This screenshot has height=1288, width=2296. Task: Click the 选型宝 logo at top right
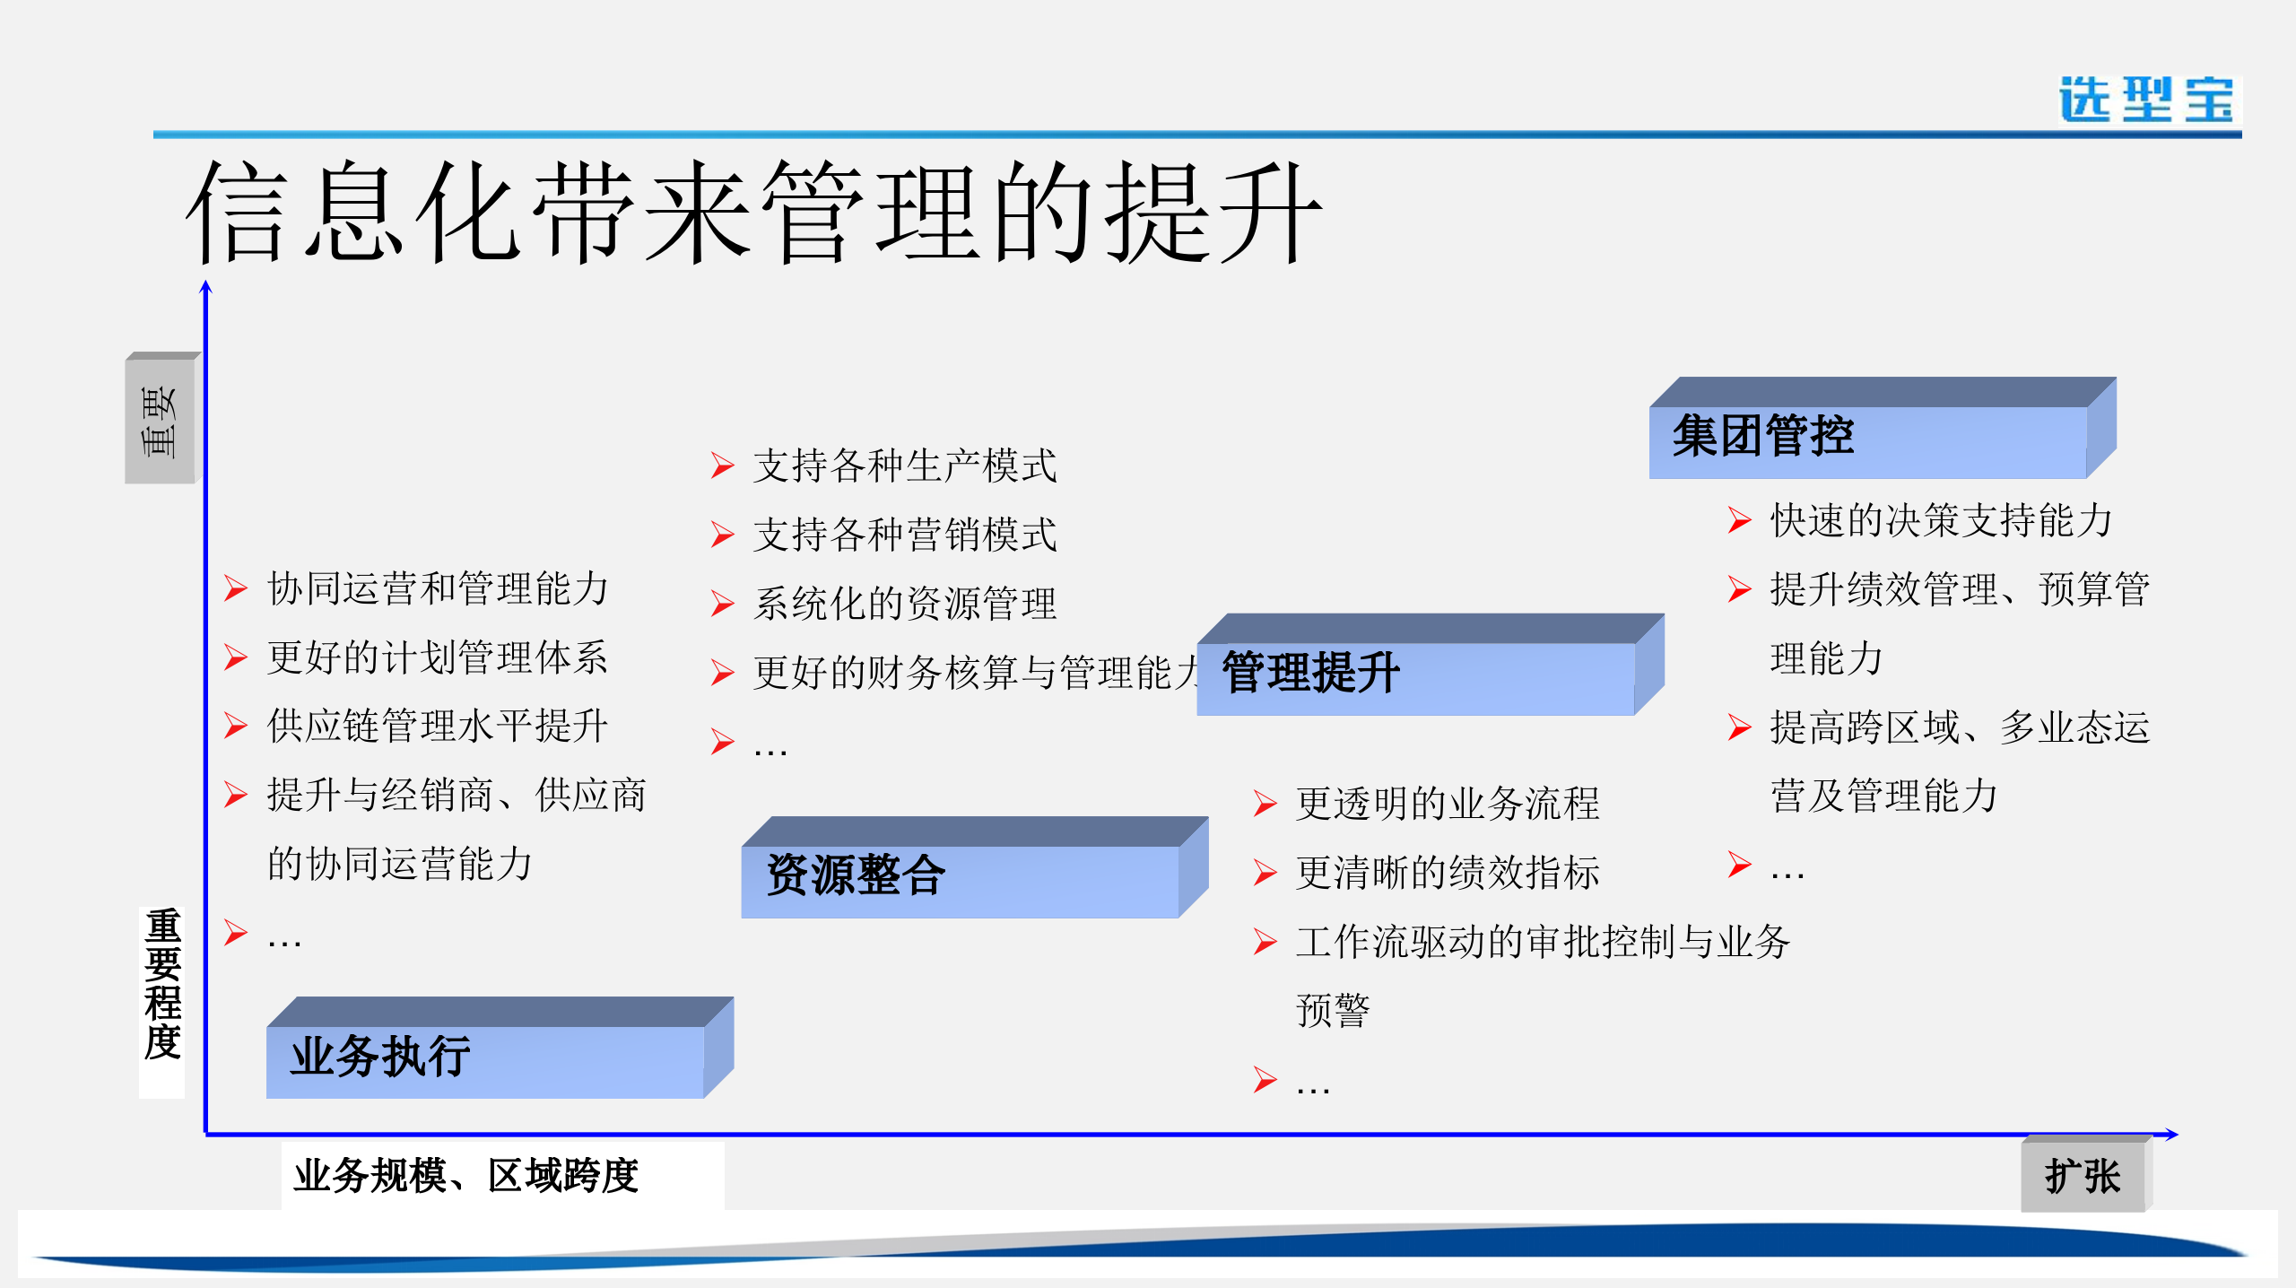(x=2147, y=99)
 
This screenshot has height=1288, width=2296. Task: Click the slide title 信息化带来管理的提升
(x=753, y=213)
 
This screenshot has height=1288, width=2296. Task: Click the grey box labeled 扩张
(x=2082, y=1176)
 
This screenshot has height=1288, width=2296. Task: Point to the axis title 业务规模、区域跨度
(x=466, y=1176)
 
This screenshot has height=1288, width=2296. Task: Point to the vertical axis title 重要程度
(x=162, y=984)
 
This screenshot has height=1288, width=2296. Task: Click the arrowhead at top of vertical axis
(x=205, y=286)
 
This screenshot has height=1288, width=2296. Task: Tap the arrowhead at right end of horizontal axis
(x=2171, y=1135)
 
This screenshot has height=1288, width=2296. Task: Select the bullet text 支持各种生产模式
(x=904, y=466)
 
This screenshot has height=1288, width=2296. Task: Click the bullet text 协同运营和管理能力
(x=438, y=589)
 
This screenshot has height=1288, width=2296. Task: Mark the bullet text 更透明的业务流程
(x=1447, y=803)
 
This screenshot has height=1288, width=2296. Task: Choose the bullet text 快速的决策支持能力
(x=1941, y=520)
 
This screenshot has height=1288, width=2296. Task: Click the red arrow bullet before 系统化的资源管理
(x=722, y=604)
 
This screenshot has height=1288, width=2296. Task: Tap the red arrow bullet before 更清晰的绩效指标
(x=1265, y=872)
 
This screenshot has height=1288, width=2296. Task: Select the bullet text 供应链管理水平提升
(x=438, y=726)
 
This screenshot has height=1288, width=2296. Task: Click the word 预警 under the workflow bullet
(x=1333, y=1010)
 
